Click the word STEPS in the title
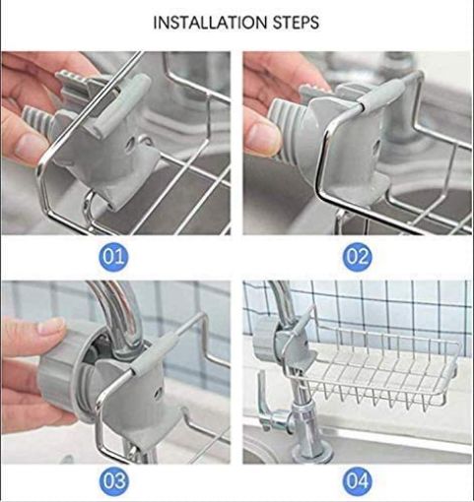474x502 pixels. tap(295, 22)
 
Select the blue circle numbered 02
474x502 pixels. tap(357, 258)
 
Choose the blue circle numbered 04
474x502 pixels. tap(357, 482)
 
